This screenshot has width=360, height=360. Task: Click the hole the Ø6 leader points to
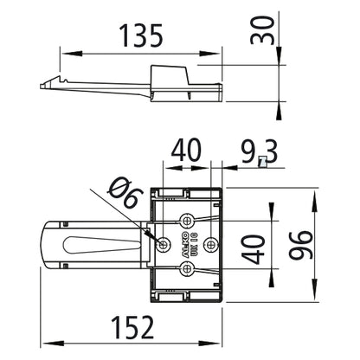tap(164, 245)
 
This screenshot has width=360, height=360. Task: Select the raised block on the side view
tap(173, 74)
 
